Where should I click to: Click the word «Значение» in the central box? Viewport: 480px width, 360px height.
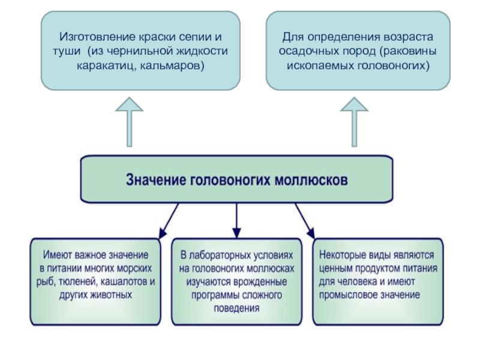pos(155,179)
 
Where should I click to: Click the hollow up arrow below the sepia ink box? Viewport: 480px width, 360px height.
pos(129,123)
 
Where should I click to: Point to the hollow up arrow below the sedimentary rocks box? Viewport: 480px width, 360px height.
pos(355,123)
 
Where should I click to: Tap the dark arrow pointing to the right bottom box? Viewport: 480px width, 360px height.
pos(305,221)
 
